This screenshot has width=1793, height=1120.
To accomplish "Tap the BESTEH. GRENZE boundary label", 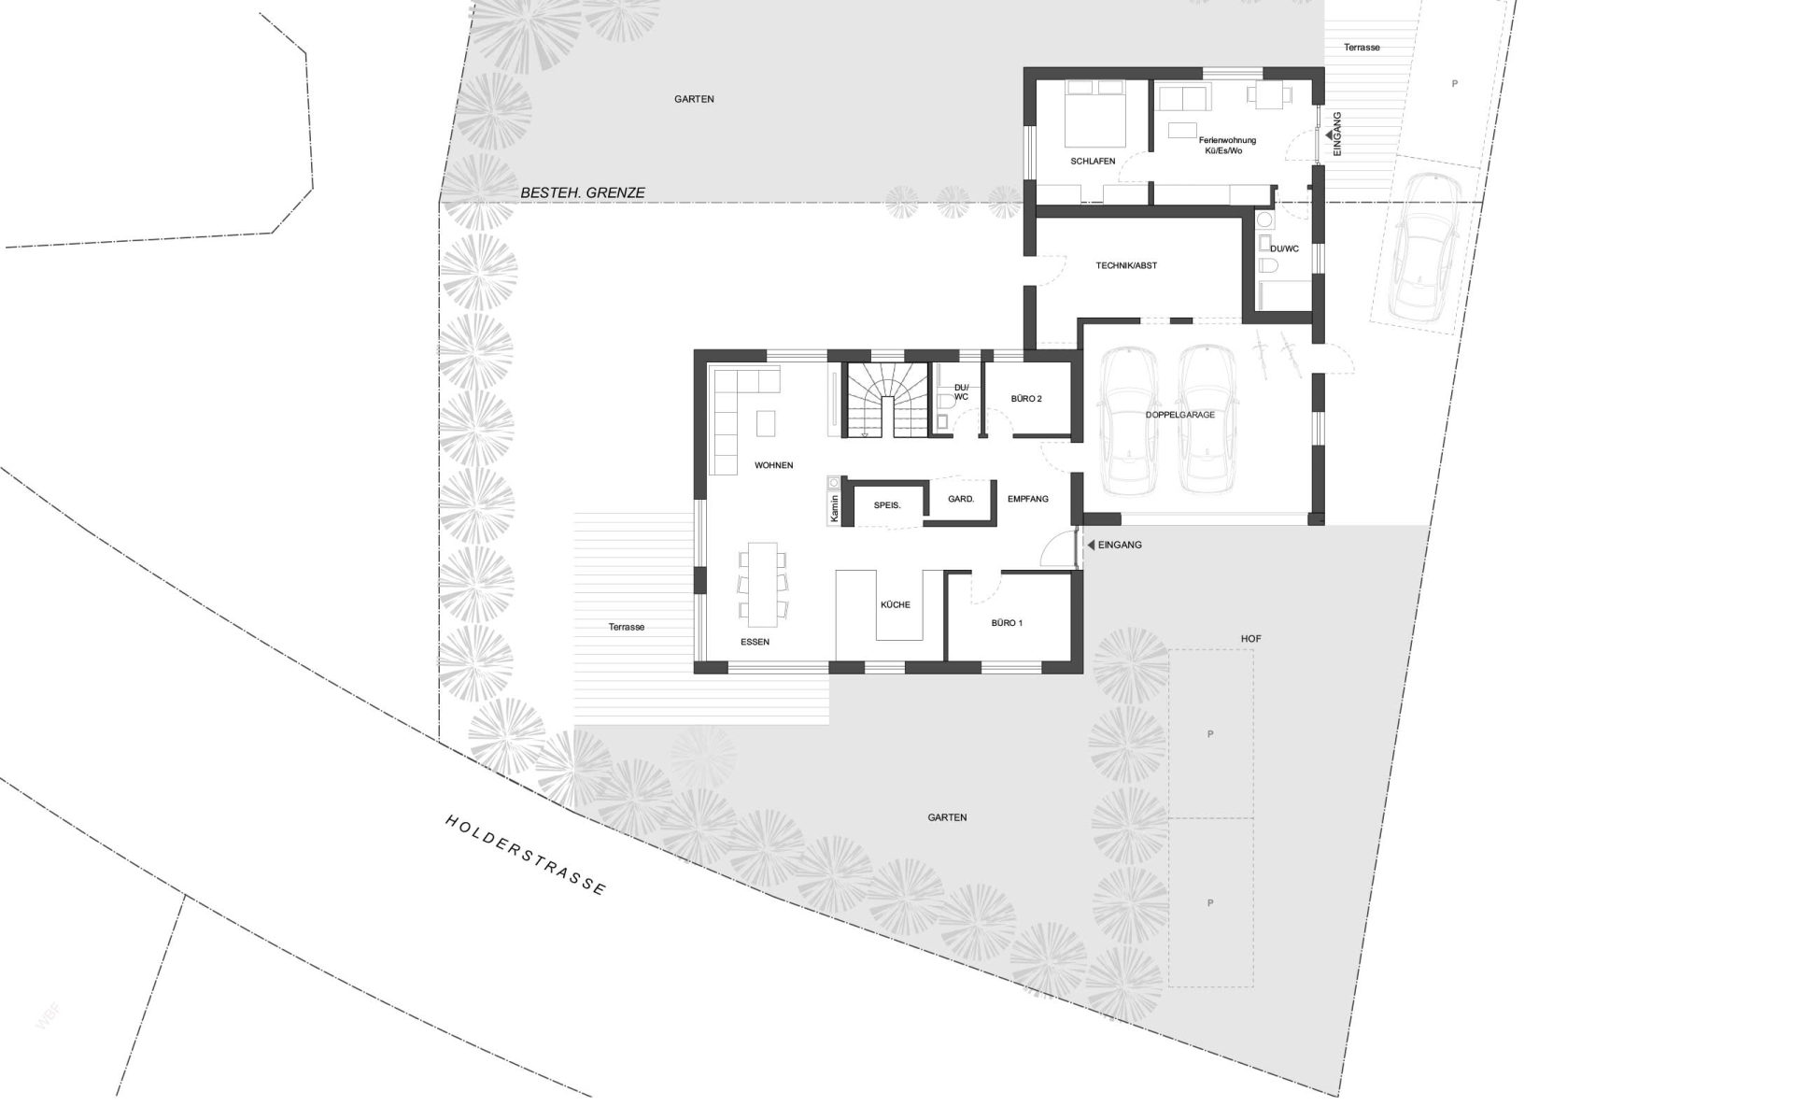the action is coord(583,192).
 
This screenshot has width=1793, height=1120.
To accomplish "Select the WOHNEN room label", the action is coord(774,465).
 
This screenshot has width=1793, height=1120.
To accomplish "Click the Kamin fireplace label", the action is coord(835,508).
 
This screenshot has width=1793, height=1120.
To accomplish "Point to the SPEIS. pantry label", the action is coord(887,505).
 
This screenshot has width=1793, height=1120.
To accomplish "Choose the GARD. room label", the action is coord(961,499).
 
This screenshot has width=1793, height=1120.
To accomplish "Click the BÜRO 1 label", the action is coord(1007,622).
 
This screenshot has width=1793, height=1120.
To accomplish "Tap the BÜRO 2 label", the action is coord(1026,399).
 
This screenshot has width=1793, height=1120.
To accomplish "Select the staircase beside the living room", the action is coord(884,400).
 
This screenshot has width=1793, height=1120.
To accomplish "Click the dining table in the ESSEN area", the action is coord(763,584).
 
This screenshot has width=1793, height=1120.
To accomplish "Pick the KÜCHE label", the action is coord(895,604).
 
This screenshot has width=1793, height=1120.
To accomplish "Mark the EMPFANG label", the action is coord(1028,499).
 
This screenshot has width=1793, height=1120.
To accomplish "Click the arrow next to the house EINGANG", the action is coord(1092,545).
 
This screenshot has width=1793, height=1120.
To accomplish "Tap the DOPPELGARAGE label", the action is coord(1180,415).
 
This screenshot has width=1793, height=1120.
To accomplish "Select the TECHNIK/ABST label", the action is coord(1126,265).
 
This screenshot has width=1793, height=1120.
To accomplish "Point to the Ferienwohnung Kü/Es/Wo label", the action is coord(1227,146).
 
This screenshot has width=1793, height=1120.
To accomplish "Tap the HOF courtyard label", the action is coord(1251,639).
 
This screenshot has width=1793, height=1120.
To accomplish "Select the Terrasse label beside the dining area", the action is coord(627,627).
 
